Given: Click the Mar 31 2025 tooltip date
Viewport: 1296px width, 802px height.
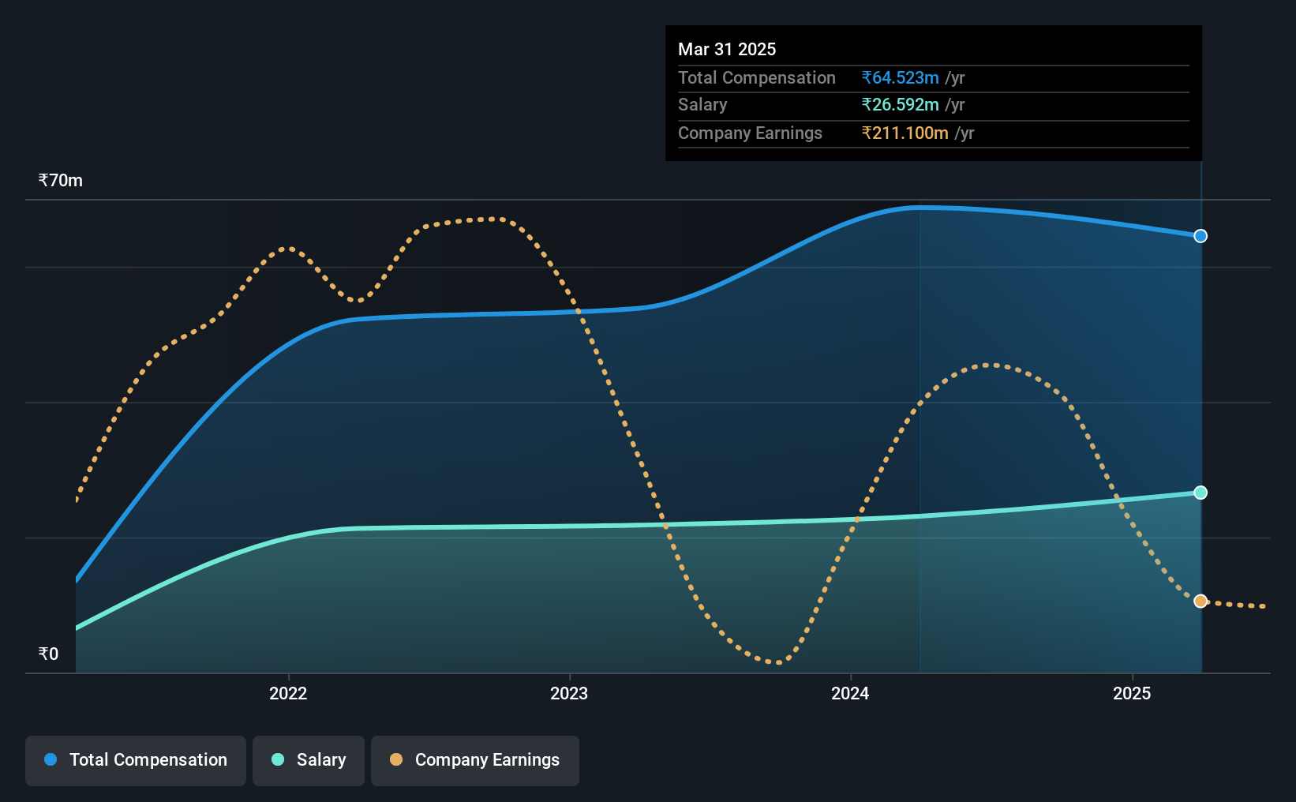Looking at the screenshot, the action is [x=727, y=49].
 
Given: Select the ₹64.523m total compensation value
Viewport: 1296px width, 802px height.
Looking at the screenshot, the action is [x=901, y=77].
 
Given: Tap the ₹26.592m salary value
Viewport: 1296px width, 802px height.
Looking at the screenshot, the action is [x=901, y=105].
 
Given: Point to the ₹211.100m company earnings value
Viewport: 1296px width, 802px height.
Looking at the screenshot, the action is [x=905, y=133].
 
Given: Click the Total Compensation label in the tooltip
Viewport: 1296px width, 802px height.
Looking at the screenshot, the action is [x=757, y=77].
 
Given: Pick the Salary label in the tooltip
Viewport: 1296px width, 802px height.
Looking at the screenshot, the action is [x=702, y=105].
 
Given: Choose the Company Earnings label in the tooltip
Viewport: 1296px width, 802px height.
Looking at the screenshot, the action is [x=750, y=133].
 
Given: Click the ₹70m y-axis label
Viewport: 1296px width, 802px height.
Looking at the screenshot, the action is [x=60, y=181].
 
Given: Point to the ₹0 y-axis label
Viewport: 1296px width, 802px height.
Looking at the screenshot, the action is [x=49, y=654].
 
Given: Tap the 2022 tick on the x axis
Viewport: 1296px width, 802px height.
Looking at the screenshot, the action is [x=288, y=693].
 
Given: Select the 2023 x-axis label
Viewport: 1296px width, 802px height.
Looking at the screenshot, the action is [x=569, y=693].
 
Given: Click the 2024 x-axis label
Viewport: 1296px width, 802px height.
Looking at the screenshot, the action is [x=851, y=693].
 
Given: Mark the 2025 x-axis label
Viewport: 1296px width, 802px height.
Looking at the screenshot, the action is [x=1133, y=693].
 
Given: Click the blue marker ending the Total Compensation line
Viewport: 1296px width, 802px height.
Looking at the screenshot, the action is [x=1200, y=236].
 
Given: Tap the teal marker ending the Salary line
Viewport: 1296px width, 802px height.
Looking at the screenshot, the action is [x=1200, y=493].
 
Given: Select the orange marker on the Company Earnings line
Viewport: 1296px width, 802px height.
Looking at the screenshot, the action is [x=1200, y=601].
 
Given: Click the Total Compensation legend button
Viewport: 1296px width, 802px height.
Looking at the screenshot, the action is [x=136, y=760].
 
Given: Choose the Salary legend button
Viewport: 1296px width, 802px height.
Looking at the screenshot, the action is [x=309, y=760].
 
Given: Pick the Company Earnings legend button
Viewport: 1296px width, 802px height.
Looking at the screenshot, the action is [x=475, y=760].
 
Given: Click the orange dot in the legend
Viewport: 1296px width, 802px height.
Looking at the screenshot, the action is [x=396, y=759].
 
